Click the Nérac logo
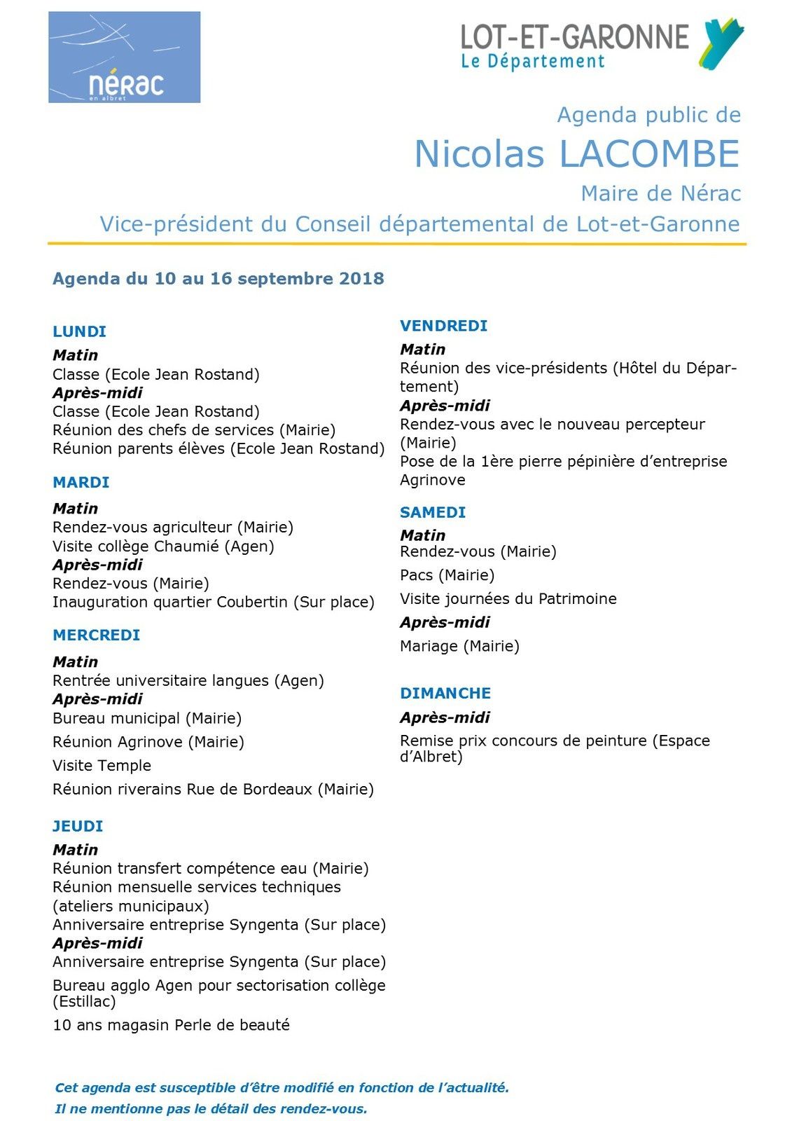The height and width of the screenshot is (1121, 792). point(124,57)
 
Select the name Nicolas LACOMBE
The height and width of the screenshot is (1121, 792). point(577,154)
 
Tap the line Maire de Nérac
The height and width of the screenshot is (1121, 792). point(660,193)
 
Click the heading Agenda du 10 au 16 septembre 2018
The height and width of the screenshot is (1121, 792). point(218,279)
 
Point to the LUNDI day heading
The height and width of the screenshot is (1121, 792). point(79,331)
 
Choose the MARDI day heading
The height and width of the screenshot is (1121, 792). point(81,482)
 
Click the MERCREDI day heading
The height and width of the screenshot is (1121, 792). point(96,635)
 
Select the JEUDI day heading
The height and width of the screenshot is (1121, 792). point(78,826)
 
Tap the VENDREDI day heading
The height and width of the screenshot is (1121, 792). point(443,326)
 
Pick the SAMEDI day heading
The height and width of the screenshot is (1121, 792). point(432,512)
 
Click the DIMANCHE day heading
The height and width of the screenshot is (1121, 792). point(445,693)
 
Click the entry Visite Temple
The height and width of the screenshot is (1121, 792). point(102,765)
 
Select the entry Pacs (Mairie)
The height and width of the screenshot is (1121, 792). point(447,575)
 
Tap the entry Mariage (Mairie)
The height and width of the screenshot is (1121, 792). point(459,646)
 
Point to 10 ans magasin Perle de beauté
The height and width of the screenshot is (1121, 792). point(171,1025)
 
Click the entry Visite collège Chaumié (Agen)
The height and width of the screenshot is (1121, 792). point(163,546)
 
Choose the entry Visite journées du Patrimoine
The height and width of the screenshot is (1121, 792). point(508,599)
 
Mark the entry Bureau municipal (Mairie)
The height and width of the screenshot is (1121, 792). point(147,718)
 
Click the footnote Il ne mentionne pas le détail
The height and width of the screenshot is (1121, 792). point(211,1108)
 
